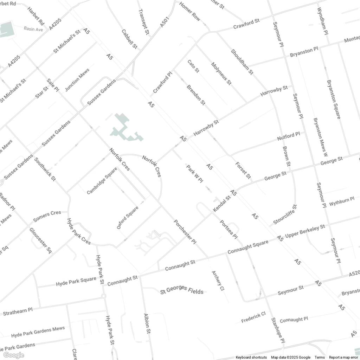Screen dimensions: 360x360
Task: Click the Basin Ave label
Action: [33, 29]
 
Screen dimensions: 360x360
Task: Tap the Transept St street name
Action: [144, 22]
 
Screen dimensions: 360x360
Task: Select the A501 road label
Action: [165, 21]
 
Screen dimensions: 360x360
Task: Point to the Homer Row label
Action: [189, 11]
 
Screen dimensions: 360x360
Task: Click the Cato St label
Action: [193, 66]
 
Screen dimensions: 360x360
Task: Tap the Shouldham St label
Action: [242, 62]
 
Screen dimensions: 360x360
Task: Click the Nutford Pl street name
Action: [288, 136]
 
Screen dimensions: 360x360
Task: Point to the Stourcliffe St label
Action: [285, 215]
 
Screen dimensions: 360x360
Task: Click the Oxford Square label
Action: [128, 218]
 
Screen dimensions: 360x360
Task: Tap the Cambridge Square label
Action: [102, 180]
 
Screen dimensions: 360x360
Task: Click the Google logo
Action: [13, 355]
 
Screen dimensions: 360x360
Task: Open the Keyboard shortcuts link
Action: [251, 358]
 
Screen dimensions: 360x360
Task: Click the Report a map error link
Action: [343, 358]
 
